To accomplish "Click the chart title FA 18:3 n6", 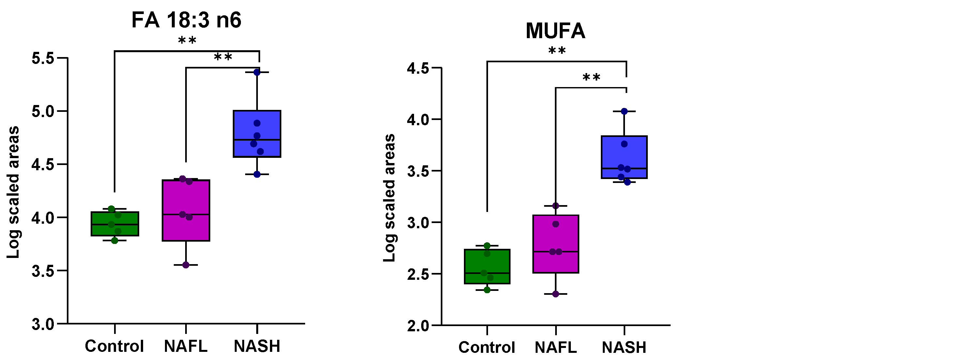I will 186,20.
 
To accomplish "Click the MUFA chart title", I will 555,31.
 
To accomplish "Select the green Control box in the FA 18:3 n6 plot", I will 115,224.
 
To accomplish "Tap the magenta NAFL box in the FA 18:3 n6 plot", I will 186,210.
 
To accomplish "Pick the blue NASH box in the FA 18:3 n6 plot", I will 257,133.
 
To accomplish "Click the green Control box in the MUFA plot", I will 487,266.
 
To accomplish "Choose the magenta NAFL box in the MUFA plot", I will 556,244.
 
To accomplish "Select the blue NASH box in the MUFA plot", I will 624,157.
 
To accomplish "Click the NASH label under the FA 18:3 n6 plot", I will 257,346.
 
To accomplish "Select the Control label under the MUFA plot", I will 486,347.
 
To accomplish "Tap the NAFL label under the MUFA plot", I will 555,347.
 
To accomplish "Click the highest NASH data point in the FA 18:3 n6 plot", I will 257,72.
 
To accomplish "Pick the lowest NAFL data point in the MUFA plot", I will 556,294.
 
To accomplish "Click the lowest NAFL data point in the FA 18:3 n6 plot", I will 186,265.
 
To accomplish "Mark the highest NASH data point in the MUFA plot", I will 624,112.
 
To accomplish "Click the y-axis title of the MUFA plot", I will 389,198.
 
